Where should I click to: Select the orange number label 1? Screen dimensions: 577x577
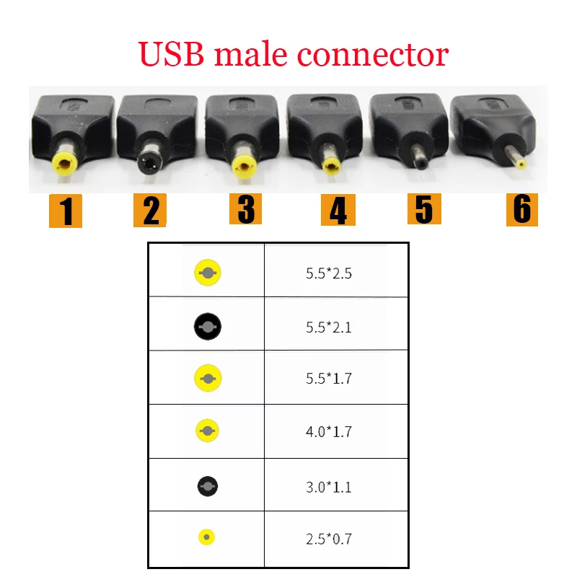[66, 211]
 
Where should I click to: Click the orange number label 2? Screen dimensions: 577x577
[150, 211]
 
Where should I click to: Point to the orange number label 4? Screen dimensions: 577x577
[338, 210]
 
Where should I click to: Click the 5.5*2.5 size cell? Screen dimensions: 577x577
[328, 273]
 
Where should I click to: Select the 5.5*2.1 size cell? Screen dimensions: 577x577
[328, 327]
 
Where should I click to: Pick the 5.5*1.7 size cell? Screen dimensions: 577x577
[328, 379]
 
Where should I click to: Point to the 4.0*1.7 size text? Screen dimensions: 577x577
[328, 432]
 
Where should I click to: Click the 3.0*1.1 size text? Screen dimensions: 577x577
[328, 487]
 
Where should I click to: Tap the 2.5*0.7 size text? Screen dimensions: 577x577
[328, 538]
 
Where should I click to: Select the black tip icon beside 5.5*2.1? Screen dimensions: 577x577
[207, 327]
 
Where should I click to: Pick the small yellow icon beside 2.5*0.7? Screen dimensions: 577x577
[207, 537]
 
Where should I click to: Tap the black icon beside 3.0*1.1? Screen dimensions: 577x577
[207, 486]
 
